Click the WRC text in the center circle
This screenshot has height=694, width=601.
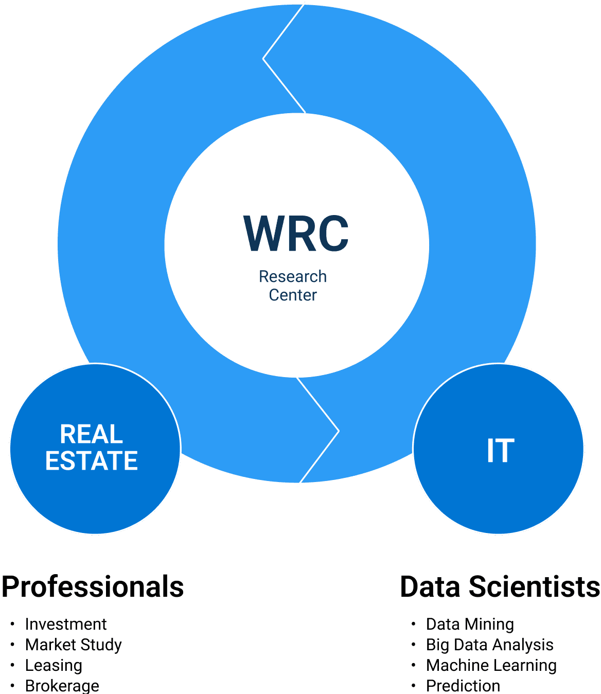[296, 234]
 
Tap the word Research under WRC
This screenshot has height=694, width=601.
[292, 277]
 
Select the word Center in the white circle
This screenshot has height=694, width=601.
[293, 295]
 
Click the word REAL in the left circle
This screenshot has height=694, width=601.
[91, 435]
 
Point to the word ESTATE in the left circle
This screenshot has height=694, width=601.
[92, 460]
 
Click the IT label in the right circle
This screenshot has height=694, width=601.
[500, 451]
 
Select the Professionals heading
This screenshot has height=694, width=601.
[93, 587]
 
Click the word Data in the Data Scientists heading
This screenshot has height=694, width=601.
[431, 587]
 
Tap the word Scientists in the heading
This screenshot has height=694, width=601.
[535, 587]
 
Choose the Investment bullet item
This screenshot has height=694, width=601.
[66, 625]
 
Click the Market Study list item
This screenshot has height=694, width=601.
[74, 645]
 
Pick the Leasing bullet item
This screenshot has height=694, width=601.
[54, 666]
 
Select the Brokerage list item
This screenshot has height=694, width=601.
[62, 686]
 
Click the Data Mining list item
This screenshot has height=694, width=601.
[470, 625]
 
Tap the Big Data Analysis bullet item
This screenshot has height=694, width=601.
[489, 645]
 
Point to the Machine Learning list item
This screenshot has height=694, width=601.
[491, 666]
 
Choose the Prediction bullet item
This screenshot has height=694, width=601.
[463, 686]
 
